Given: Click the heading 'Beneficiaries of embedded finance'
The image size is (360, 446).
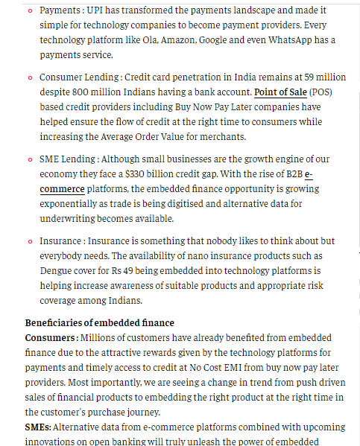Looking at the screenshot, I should coord(100,322).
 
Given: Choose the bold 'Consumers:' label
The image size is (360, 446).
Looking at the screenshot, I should coord(55,337).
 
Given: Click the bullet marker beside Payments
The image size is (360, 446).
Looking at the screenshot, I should coord(30,10).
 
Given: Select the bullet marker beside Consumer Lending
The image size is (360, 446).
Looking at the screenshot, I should coord(30,77).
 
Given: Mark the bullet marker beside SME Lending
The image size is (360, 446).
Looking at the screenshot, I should coord(30,159).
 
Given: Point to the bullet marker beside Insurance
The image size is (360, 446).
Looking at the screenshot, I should coord(30,241).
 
